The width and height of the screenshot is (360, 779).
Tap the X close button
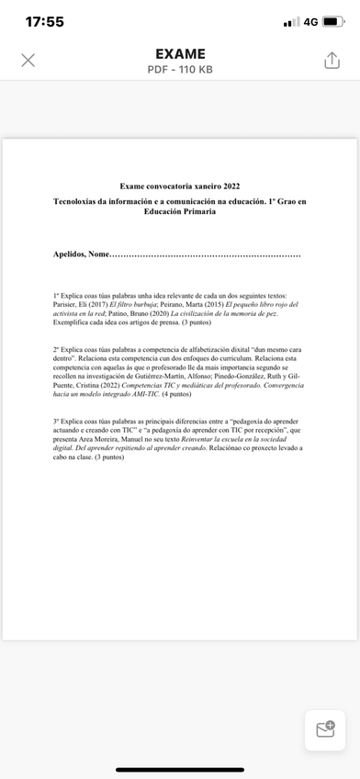pyautogui.click(x=28, y=60)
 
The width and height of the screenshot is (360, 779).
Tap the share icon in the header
pyautogui.click(x=332, y=60)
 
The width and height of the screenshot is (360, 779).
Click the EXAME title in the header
pyautogui.click(x=180, y=53)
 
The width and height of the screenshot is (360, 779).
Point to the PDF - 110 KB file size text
pyautogui.click(x=180, y=70)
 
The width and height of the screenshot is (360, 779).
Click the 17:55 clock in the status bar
pyautogui.click(x=45, y=21)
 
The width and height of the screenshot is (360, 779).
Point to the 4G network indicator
pyautogui.click(x=310, y=22)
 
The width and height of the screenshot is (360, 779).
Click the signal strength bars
pyautogui.click(x=292, y=22)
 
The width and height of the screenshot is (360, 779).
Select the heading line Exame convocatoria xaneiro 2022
pyautogui.click(x=180, y=186)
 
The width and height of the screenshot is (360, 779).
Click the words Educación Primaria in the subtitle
pyautogui.click(x=180, y=211)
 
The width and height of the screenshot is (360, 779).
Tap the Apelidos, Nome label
pyautogui.click(x=81, y=254)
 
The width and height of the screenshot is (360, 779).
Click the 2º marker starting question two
pyautogui.click(x=57, y=350)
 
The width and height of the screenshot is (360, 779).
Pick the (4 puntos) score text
pyautogui.click(x=175, y=393)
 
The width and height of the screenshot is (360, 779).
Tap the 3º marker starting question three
pyautogui.click(x=57, y=421)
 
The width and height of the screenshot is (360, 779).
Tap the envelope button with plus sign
pyautogui.click(x=325, y=729)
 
